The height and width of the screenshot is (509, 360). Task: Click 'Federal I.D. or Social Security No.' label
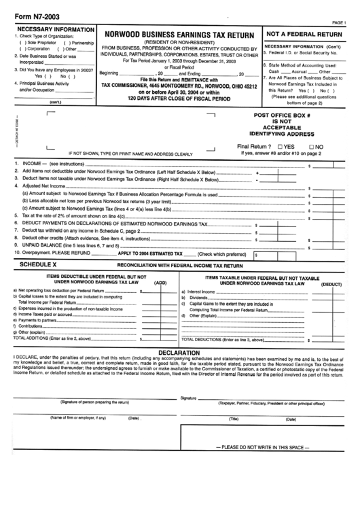tap(303, 52)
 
